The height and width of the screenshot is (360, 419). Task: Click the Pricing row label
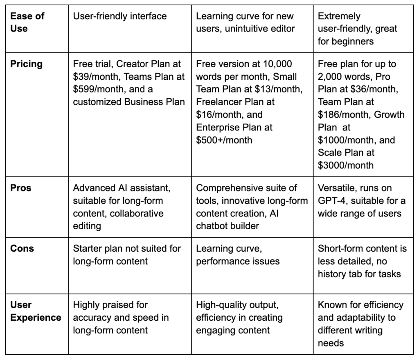pos(26,64)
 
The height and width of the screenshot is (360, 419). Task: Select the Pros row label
pos(20,188)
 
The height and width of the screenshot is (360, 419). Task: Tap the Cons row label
pos(22,248)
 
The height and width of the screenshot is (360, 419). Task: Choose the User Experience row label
pos(36,311)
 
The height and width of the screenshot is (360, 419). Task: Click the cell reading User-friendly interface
pos(120,16)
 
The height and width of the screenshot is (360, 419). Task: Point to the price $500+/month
pos(224,140)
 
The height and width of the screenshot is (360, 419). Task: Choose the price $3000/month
pos(346,165)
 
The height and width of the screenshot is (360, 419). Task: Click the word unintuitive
pos(247,29)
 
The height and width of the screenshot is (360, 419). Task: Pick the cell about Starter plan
pos(127,254)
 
